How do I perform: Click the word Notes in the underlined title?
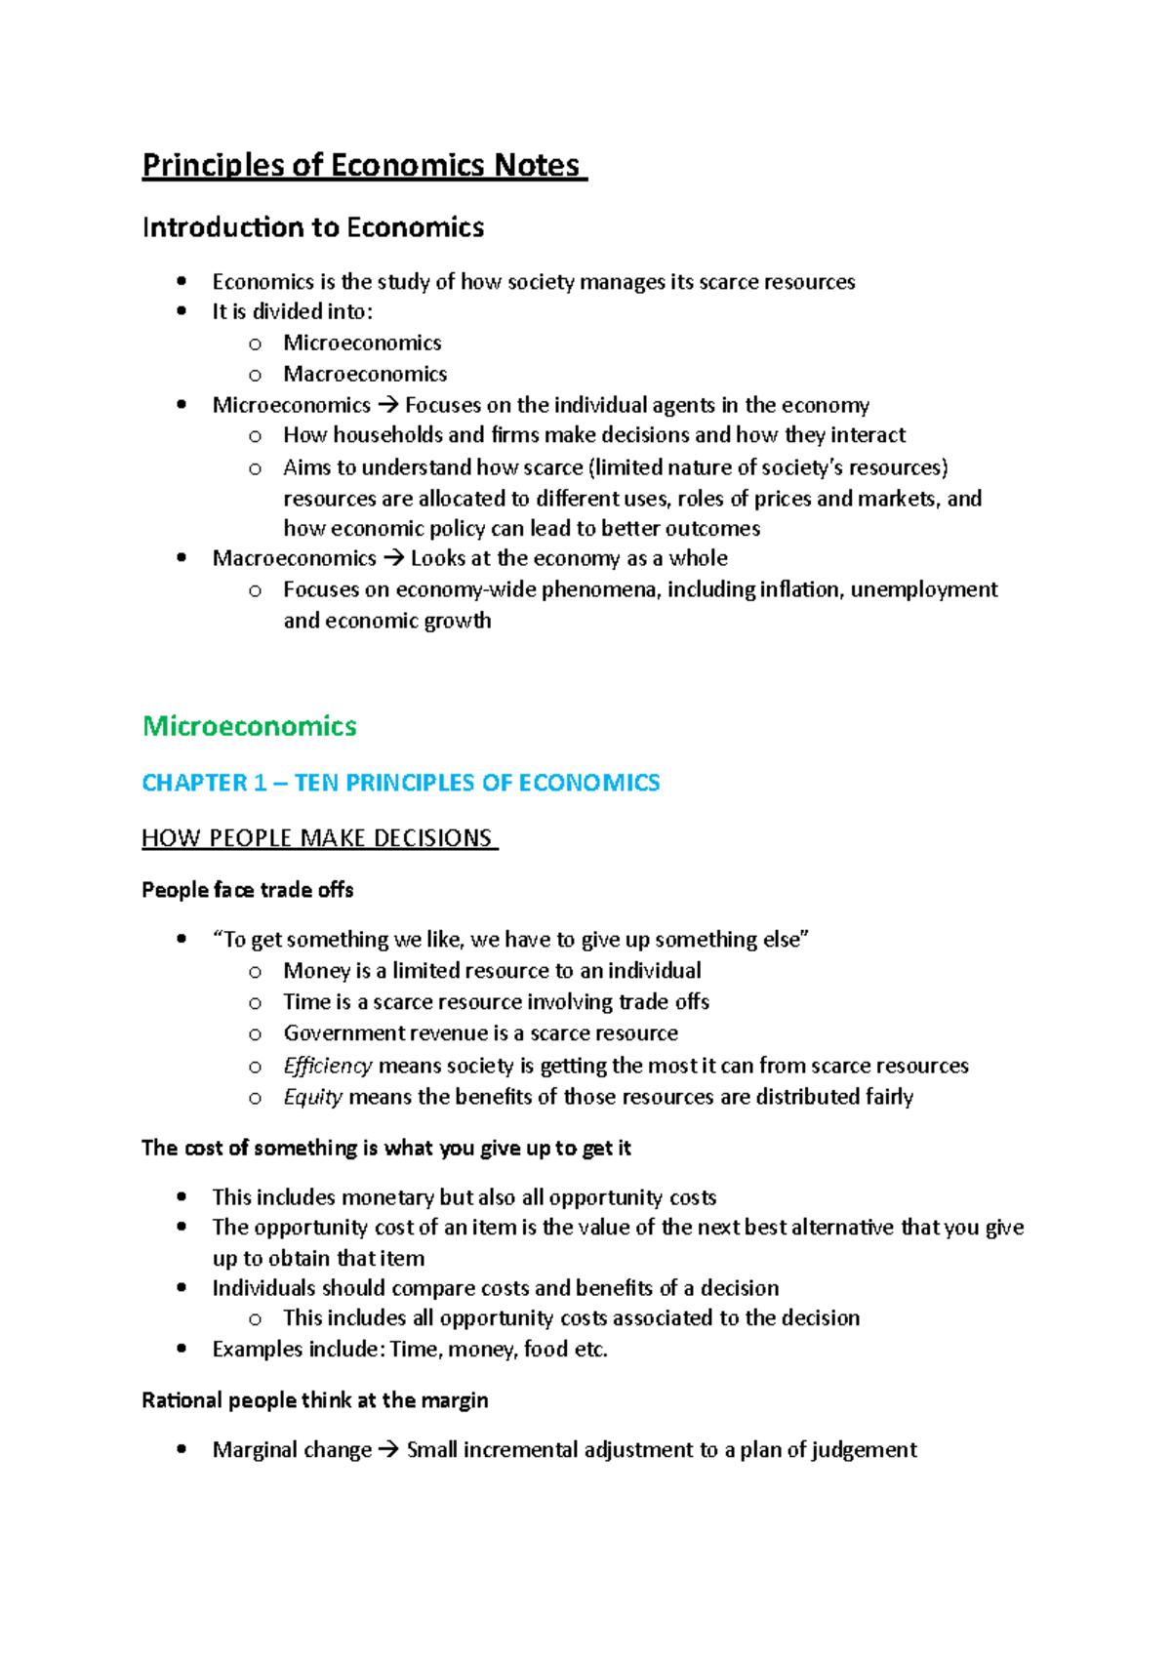click(x=536, y=165)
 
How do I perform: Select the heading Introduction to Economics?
click(x=313, y=227)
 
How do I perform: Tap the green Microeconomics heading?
click(x=250, y=726)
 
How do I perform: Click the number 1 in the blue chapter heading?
click(x=260, y=783)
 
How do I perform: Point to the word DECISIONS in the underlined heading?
click(x=433, y=838)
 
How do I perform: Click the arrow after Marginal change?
click(x=388, y=1450)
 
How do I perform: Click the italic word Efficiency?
click(x=328, y=1066)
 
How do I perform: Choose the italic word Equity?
click(x=312, y=1097)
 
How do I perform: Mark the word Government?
click(x=330, y=1033)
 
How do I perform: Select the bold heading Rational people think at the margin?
click(x=315, y=1400)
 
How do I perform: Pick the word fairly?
click(x=889, y=1097)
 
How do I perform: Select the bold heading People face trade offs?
click(x=248, y=890)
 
